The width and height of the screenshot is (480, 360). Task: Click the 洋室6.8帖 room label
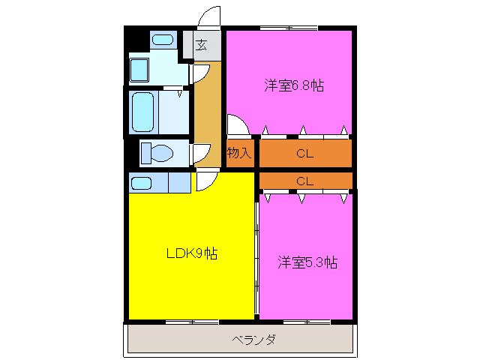pyautogui.click(x=294, y=85)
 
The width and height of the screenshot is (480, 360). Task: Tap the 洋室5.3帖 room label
pyautogui.click(x=307, y=262)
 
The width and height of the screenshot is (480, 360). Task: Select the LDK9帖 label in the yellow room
pyautogui.click(x=191, y=253)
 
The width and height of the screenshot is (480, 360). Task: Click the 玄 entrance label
pyautogui.click(x=201, y=45)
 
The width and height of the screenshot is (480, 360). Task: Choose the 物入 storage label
pyautogui.click(x=238, y=153)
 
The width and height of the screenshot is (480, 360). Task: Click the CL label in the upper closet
pyautogui.click(x=304, y=154)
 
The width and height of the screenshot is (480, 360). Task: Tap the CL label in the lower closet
pyautogui.click(x=304, y=181)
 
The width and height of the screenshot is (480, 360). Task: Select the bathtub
pyautogui.click(x=142, y=112)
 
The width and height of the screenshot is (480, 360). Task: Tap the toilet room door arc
pyautogui.click(x=199, y=153)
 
